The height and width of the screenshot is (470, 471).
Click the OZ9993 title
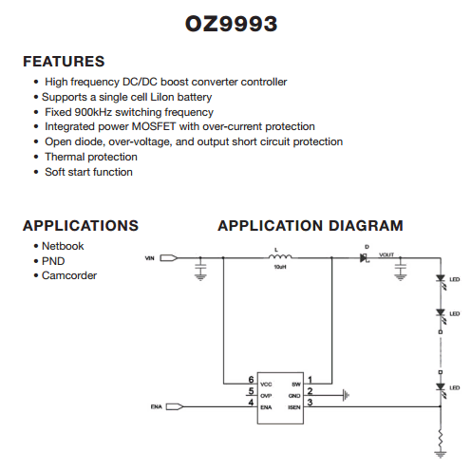pos(231,24)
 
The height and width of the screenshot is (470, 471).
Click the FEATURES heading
pos(64,61)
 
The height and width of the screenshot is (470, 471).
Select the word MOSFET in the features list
pos(154,126)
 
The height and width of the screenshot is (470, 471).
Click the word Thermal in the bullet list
pos(65,157)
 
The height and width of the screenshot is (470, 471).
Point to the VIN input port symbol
pos(169,258)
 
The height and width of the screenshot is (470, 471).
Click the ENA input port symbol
pos(175,406)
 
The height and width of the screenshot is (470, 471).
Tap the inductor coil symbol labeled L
pos(280,256)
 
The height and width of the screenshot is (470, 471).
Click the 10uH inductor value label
pos(280,267)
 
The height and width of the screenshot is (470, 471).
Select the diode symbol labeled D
pos(364,258)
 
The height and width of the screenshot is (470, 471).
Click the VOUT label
pos(386,254)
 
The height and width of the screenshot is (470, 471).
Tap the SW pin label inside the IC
pos(296,385)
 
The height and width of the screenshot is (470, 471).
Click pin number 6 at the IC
pos(251,379)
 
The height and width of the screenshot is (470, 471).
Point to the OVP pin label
pos(266,396)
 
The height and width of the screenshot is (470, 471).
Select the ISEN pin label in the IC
pos(294,407)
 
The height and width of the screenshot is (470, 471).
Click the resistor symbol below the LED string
pos(441,439)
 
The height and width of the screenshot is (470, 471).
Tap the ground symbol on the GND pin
pos(347,395)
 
